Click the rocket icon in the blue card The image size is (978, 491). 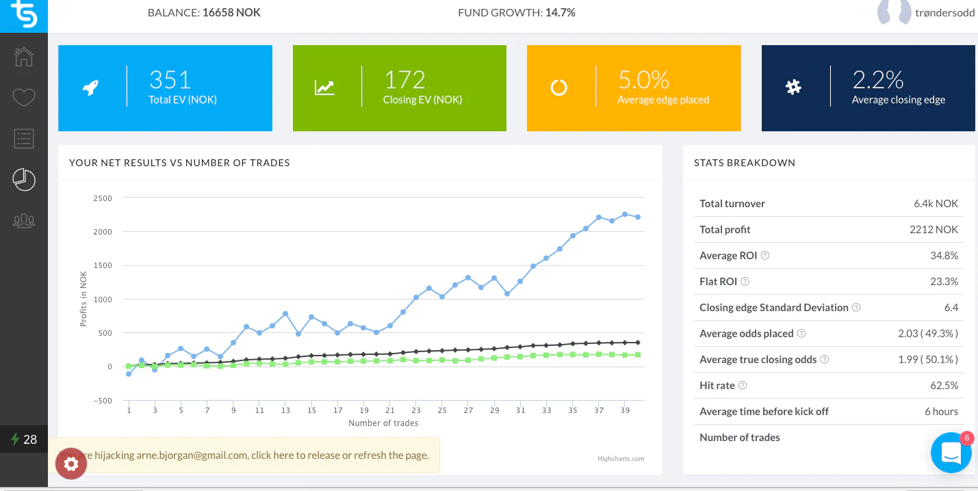(90, 88)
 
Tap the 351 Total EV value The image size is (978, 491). (170, 80)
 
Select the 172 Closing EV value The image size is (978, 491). (404, 80)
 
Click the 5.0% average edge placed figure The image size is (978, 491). (643, 80)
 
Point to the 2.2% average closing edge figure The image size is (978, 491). (878, 80)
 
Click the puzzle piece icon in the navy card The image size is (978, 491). (793, 88)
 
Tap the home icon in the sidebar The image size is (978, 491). (24, 56)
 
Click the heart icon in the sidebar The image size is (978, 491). (24, 98)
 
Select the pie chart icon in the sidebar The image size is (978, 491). (24, 180)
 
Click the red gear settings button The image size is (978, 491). (71, 464)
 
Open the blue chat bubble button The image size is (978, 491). (951, 453)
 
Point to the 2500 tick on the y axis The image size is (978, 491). (103, 198)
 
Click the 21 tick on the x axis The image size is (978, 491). (390, 411)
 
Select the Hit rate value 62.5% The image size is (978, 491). (944, 386)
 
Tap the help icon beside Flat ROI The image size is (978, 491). (745, 282)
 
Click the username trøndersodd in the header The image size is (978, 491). (944, 12)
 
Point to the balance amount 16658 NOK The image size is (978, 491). (231, 12)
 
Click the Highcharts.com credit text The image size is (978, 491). (621, 459)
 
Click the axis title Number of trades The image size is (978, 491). (383, 423)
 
